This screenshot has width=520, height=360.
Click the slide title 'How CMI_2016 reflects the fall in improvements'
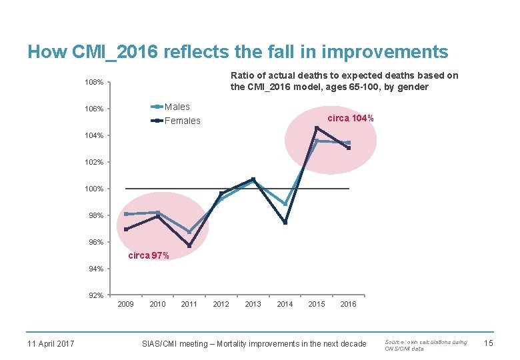(x=237, y=51)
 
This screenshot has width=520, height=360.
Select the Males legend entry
(x=177, y=107)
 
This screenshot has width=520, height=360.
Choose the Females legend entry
(x=182, y=121)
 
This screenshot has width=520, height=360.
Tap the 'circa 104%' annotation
(x=350, y=118)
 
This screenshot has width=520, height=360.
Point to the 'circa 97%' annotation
(x=148, y=255)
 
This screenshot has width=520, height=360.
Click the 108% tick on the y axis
(x=94, y=82)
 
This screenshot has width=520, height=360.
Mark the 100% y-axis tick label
(x=94, y=189)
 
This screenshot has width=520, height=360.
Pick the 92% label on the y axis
(x=95, y=295)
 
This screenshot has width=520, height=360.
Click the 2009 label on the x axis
(x=125, y=305)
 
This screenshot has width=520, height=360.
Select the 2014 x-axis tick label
(x=285, y=305)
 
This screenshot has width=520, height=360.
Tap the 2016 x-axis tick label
(x=348, y=305)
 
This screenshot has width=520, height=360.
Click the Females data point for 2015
(x=317, y=128)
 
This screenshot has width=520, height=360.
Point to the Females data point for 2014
(x=285, y=223)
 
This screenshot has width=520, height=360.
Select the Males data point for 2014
(x=285, y=205)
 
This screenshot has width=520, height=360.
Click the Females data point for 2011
(x=189, y=246)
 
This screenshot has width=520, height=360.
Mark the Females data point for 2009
(x=125, y=229)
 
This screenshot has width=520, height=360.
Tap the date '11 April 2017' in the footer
(x=50, y=344)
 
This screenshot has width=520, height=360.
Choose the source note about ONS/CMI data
(x=426, y=345)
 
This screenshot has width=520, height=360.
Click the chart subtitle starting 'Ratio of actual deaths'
(x=344, y=81)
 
